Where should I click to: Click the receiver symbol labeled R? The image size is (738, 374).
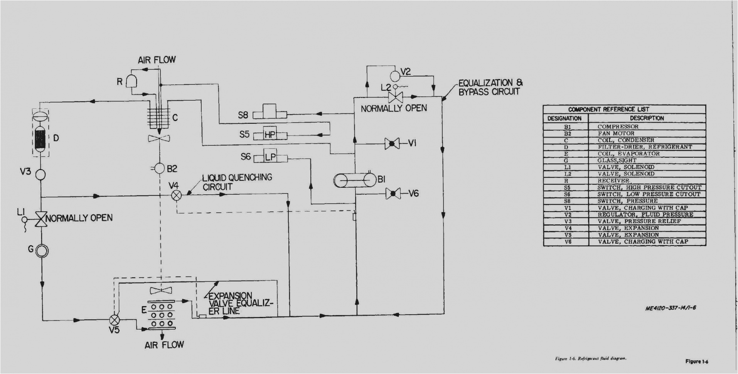131,81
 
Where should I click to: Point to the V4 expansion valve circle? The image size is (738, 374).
176,195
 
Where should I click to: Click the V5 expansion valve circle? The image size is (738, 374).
114,320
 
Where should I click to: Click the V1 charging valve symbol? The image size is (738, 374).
391,144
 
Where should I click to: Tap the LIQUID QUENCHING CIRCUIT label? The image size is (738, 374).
237,182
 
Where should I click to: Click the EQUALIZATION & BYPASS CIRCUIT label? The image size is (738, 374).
490,88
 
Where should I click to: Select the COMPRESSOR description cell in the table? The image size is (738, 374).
618,126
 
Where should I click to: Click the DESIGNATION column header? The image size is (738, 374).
564,118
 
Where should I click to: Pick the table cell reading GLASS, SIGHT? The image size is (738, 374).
617,160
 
